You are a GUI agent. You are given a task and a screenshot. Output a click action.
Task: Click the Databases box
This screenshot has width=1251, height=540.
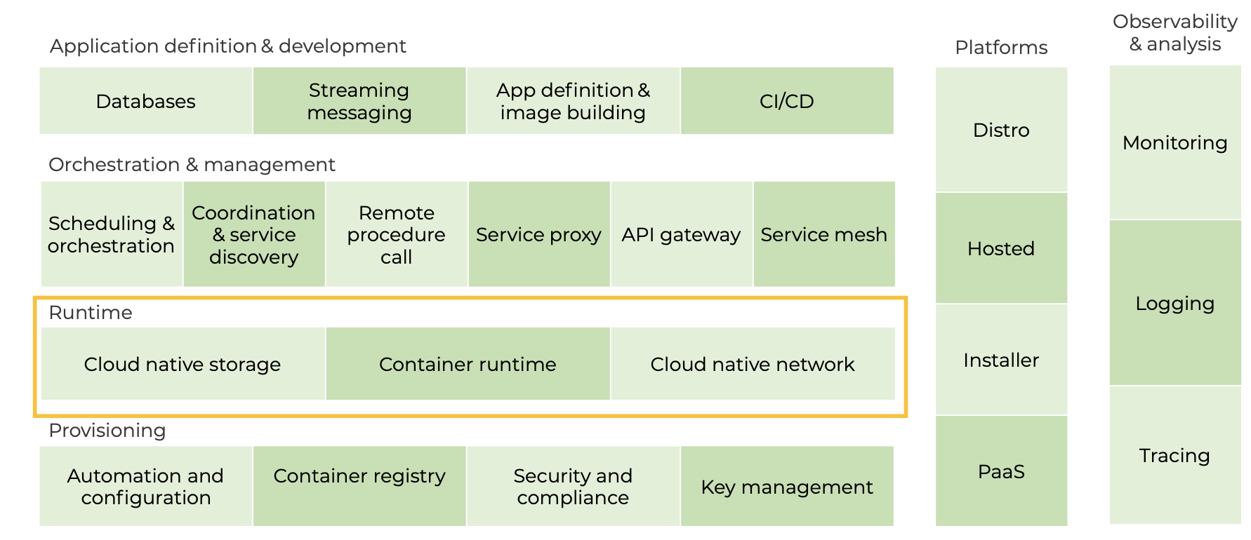[x=145, y=101]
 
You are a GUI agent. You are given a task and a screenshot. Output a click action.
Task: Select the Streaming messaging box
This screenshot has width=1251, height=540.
[x=359, y=101]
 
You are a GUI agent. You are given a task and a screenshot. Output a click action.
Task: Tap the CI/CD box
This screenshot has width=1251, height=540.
[x=786, y=101]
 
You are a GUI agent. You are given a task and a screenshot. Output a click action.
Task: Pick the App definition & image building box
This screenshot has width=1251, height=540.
[x=573, y=101]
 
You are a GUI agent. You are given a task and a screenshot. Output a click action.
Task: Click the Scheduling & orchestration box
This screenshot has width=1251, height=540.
[x=112, y=234]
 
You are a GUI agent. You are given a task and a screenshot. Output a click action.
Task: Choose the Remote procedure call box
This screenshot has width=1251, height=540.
[x=396, y=234]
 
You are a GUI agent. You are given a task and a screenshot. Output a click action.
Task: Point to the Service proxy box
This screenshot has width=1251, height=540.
[x=538, y=234]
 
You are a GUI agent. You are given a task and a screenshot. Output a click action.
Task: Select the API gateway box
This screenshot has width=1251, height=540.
[x=681, y=234]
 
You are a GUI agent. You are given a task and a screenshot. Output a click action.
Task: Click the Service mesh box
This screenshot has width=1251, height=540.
[x=823, y=234]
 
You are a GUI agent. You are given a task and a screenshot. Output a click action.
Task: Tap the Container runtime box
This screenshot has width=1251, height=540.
[x=468, y=364]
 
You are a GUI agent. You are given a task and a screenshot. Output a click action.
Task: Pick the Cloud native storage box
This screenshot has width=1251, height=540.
[x=183, y=364]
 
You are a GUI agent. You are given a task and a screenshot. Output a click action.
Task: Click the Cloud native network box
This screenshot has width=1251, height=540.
[x=753, y=364]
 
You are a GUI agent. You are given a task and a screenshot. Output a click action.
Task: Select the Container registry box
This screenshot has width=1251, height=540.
[x=359, y=486]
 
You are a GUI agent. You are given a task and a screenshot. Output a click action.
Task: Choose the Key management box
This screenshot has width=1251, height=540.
[x=786, y=486]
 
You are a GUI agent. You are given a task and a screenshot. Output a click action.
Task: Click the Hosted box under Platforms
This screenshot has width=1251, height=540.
[x=1001, y=248]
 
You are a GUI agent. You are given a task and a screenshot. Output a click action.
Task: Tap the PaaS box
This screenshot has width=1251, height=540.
[x=1001, y=471]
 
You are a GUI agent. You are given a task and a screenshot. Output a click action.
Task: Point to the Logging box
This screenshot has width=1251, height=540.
[x=1174, y=303]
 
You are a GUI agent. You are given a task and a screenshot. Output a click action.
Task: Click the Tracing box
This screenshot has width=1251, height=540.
[x=1174, y=455]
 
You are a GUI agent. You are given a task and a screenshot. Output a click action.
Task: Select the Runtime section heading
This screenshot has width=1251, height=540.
[x=91, y=313]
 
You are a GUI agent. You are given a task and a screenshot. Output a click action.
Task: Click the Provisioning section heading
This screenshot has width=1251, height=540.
[x=107, y=431]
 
